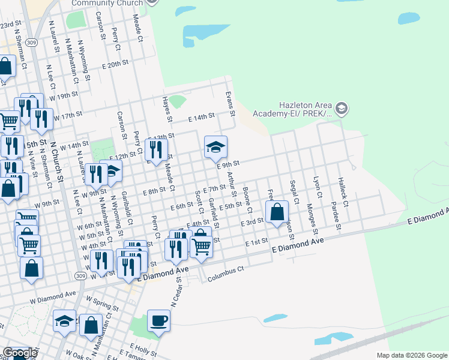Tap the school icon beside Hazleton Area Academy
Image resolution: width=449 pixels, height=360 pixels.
tap(342, 109)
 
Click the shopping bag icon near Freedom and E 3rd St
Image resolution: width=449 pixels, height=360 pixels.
tap(277, 212)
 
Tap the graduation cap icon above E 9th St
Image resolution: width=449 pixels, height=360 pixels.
tap(215, 147)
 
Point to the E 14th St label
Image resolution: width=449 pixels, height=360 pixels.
tap(201, 118)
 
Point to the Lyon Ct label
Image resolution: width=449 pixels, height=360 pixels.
tap(318, 187)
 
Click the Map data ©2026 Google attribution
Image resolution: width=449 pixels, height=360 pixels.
tap(411, 355)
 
